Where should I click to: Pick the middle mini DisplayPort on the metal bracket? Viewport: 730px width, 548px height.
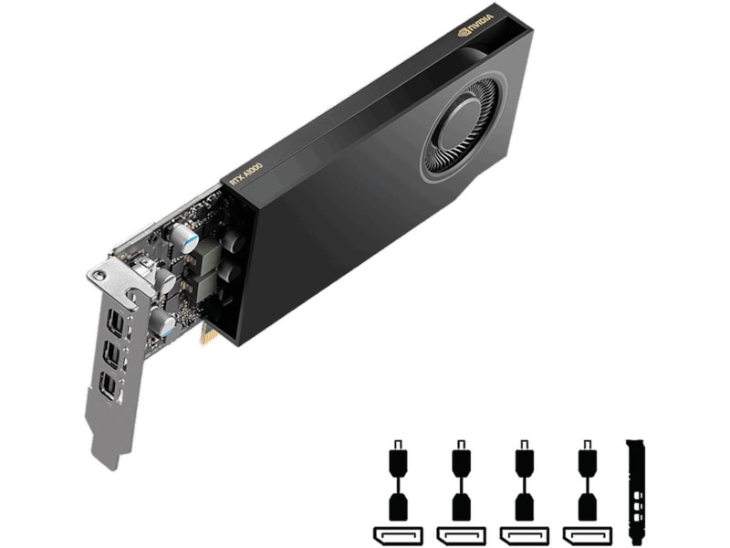point(110,354)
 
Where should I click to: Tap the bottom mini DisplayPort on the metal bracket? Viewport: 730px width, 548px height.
point(109,387)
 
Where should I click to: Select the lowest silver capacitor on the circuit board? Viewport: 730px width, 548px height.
point(163,321)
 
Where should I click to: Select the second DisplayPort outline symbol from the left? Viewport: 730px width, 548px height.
point(461,534)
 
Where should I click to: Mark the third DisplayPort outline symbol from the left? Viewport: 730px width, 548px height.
point(524,534)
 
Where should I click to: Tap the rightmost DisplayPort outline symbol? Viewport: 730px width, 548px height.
point(587,534)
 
